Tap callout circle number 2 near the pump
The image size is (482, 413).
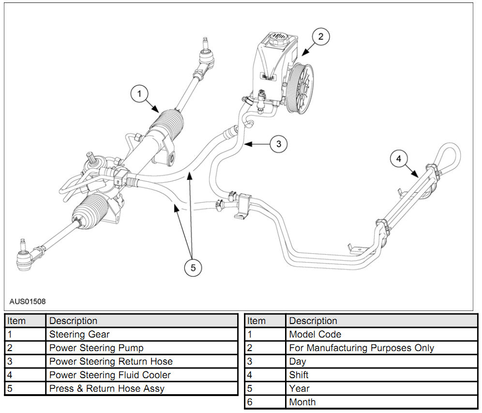tap(320, 37)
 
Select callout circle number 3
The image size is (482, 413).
tap(278, 144)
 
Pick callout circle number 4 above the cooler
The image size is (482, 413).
tap(398, 159)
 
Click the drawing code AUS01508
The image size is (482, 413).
tap(28, 301)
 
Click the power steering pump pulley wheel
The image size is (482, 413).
tap(300, 88)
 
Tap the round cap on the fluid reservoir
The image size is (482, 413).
tap(277, 39)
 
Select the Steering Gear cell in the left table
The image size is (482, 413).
tap(79, 334)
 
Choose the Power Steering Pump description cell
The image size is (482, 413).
tap(96, 348)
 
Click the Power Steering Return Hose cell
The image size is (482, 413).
tap(111, 361)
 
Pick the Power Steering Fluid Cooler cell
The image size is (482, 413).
tap(110, 375)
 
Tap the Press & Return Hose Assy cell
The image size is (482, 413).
tap(107, 388)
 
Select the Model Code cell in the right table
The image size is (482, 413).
tap(315, 334)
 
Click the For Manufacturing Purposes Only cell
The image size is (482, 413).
tap(361, 348)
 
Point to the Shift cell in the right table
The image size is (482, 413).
tap(299, 375)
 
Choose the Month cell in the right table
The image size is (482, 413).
tap(302, 402)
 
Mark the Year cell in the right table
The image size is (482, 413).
tap(299, 388)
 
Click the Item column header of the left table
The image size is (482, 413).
tap(16, 321)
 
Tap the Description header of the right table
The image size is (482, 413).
tap(313, 321)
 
